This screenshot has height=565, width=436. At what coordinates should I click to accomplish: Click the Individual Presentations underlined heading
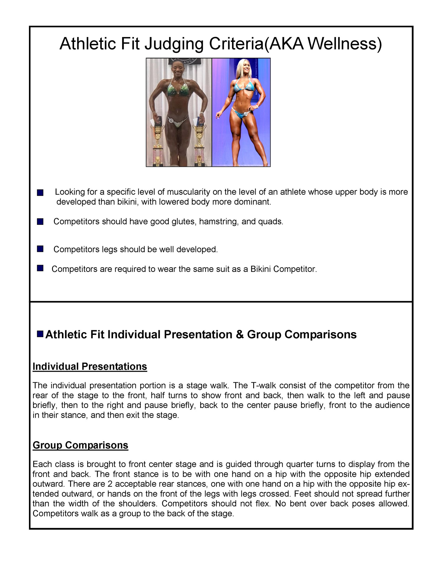pos(90,366)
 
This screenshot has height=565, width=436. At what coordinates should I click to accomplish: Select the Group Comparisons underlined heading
pos(80,445)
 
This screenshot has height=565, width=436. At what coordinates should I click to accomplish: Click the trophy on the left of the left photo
pos(158,140)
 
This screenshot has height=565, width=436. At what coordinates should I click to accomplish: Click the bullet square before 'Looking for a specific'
pos(40,193)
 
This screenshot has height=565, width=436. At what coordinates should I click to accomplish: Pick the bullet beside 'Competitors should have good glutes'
pos(40,222)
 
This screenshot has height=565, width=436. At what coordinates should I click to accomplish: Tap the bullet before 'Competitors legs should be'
pos(40,249)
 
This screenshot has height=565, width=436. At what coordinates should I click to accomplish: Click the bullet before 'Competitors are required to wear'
pos(40,268)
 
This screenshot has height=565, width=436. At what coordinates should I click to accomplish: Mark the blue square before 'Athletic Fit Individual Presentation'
pos(40,334)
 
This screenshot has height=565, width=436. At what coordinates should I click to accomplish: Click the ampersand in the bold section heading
pos(240,335)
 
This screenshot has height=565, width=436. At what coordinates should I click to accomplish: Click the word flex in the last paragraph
pos(264,504)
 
